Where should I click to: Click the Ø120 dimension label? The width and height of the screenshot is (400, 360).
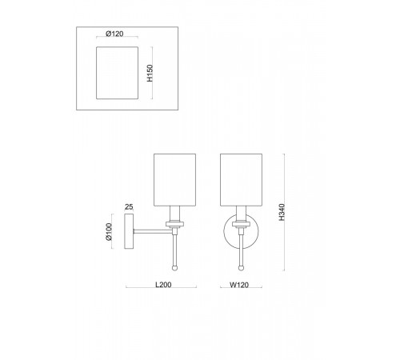[x=114, y=34]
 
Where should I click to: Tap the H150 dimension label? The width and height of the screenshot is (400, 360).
[x=150, y=73]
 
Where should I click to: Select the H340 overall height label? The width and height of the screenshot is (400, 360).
[x=282, y=212]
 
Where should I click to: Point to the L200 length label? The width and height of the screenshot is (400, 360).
[x=163, y=285]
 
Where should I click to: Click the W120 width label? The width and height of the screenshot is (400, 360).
[x=239, y=285]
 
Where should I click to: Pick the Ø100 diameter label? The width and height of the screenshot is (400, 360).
[x=109, y=232]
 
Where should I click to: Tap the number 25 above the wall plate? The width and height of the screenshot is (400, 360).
[x=129, y=206]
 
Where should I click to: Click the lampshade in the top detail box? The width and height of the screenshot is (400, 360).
[x=118, y=73]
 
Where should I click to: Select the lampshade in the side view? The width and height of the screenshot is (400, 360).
[x=175, y=180]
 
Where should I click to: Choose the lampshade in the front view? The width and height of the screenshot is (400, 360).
[x=241, y=180]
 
